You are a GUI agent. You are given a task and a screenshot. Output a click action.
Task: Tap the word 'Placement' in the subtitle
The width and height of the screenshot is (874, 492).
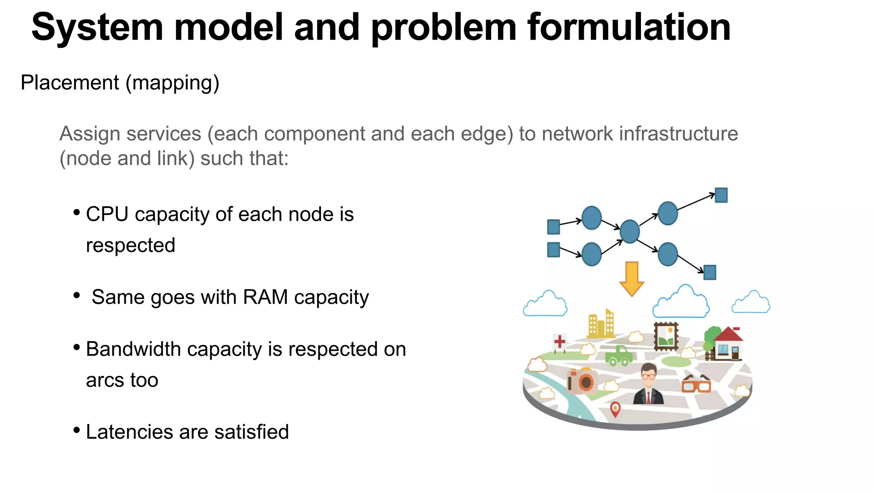(70, 82)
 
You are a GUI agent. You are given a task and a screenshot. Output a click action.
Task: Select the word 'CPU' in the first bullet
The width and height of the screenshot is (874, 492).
(107, 214)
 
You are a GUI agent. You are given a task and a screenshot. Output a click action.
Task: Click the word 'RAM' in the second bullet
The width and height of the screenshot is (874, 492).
(265, 297)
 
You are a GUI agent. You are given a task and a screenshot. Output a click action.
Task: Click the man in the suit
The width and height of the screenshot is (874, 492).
(648, 384)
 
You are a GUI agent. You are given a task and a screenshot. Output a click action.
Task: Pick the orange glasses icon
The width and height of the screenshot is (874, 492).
(696, 384)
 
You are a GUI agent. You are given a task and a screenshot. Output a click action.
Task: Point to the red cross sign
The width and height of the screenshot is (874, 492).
(559, 342)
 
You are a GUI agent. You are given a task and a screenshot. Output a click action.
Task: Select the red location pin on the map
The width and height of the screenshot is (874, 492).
(615, 409)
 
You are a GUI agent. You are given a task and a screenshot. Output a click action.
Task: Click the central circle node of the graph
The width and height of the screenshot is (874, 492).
(629, 231)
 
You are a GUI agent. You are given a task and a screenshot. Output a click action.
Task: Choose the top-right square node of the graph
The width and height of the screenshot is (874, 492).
(721, 195)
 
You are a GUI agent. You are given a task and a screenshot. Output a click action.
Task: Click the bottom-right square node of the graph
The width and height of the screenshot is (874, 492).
(709, 272)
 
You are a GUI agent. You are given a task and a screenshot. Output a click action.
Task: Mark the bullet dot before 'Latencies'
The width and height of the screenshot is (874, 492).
(77, 430)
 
